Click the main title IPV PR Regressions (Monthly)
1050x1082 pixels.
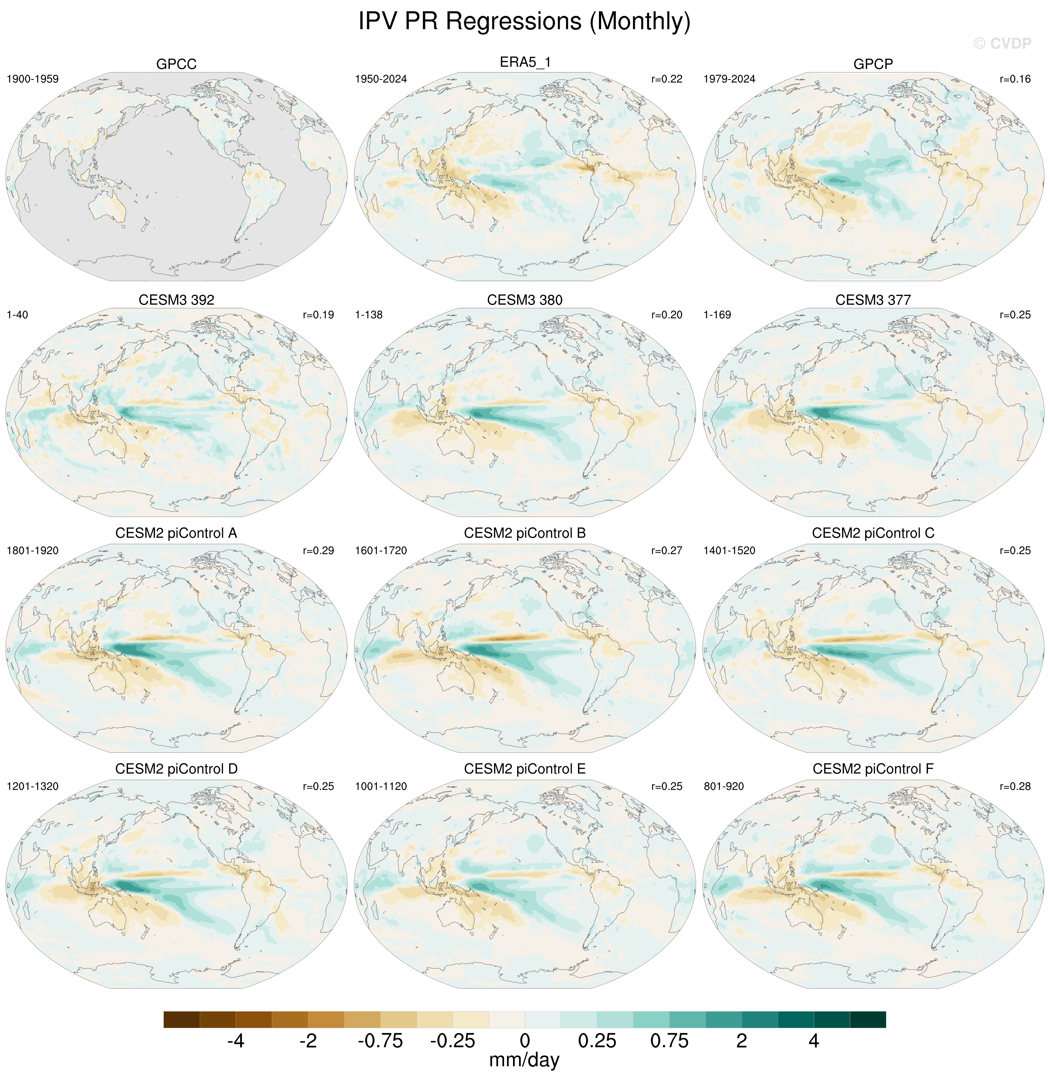point(524,22)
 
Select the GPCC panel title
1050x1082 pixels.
point(176,64)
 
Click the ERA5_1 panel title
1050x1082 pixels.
point(525,62)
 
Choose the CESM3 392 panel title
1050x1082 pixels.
point(176,300)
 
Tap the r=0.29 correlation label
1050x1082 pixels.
point(318,551)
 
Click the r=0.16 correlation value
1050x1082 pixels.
point(1015,79)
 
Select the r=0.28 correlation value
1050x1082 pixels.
point(1015,786)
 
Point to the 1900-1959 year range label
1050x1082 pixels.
point(32,79)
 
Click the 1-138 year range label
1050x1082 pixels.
point(369,315)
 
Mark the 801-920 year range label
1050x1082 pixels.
point(724,786)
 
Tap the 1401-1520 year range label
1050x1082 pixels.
point(729,551)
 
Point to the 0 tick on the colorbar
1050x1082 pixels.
point(525,1041)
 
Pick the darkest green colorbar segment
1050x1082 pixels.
point(868,1019)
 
